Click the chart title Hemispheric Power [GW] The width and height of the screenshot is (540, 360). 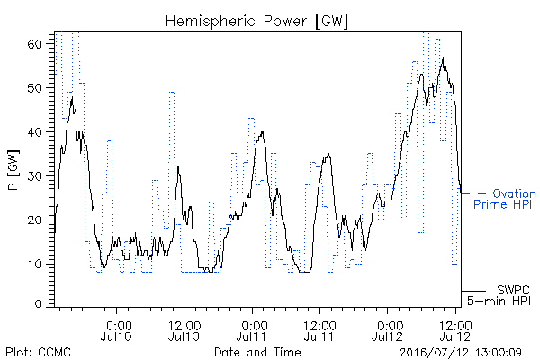tap(256, 22)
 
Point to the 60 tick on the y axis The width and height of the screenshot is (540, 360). tap(34, 44)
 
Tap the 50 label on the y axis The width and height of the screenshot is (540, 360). tap(34, 88)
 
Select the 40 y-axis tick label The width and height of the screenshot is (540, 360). tap(34, 132)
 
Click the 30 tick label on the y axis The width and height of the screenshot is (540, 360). tap(34, 176)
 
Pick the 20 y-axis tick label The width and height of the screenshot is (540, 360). tap(34, 220)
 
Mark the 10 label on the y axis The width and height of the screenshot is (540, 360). tap(34, 265)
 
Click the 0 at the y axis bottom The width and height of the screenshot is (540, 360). tap(38, 304)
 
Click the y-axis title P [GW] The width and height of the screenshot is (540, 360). tap(13, 170)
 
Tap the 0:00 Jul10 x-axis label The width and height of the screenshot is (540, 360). tap(116, 331)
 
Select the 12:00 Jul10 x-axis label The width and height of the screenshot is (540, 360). tap(184, 331)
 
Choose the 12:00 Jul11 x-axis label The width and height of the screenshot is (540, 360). tap(319, 331)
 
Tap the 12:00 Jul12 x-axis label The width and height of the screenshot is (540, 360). tap(455, 331)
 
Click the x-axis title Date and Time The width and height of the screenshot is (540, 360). tap(257, 352)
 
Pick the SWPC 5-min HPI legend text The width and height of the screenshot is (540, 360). tap(499, 295)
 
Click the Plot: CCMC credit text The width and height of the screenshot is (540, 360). tap(38, 352)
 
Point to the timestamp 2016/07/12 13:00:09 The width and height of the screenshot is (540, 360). tap(461, 353)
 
